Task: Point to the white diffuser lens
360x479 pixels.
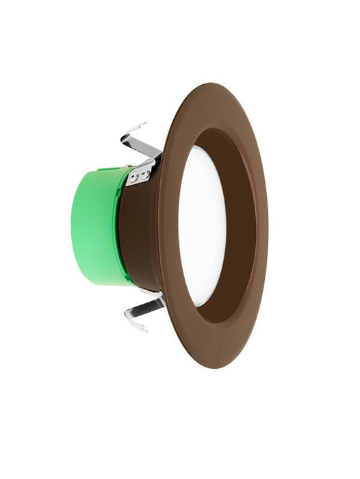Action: point(202,226)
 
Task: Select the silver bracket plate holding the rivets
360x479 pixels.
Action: point(140,175)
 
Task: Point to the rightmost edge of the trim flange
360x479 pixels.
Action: point(268,226)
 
